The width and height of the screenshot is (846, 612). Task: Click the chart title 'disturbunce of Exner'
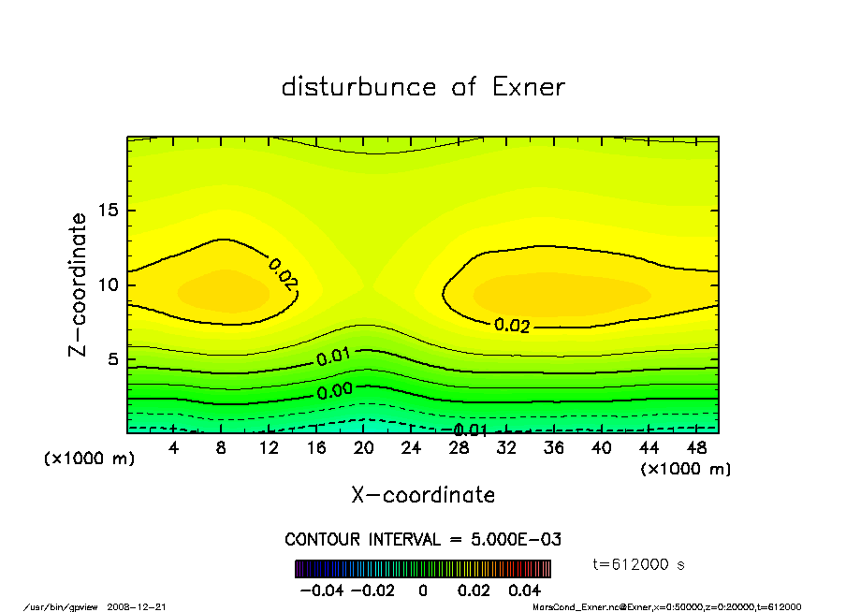[x=423, y=87]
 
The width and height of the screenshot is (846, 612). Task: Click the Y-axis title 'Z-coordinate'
[x=79, y=284]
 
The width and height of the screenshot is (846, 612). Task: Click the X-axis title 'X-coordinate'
[x=423, y=495]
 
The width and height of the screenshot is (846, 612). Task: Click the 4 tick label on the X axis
[x=174, y=448]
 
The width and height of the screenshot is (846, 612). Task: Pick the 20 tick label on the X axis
[x=364, y=448]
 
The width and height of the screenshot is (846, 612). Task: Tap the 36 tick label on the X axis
[x=554, y=448]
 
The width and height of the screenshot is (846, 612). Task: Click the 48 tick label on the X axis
[x=696, y=448]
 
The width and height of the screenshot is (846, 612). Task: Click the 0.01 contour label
[x=333, y=357]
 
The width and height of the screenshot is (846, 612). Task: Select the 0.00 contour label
[x=334, y=391]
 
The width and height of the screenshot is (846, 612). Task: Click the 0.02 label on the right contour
[x=512, y=326]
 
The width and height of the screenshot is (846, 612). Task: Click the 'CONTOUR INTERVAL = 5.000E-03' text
[x=423, y=540]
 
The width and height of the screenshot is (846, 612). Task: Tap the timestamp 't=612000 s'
[x=639, y=564]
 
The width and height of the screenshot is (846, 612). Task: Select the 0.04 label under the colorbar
[x=525, y=590]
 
